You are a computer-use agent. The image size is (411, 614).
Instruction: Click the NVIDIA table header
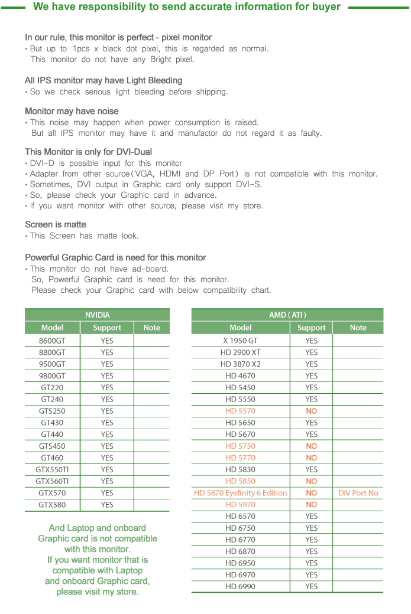[97, 315]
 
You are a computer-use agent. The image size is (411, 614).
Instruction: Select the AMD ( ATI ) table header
[287, 315]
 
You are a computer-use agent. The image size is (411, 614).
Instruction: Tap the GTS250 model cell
[52, 411]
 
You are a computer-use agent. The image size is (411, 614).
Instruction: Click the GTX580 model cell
[52, 505]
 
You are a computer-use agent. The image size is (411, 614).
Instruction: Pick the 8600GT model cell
[52, 341]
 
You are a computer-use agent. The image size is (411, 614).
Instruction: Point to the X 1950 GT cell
[240, 341]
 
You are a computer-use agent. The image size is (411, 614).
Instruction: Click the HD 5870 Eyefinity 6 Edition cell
[240, 493]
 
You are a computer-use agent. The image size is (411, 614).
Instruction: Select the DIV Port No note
[358, 493]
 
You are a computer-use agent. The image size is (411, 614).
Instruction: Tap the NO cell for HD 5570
[311, 411]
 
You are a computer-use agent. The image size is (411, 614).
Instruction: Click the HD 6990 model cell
[240, 586]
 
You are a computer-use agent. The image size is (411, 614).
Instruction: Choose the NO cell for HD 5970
[311, 505]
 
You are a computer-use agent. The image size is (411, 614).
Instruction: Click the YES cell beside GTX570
[107, 493]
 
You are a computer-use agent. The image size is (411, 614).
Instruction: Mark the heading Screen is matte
[56, 224]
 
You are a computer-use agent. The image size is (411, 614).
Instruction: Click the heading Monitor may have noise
[72, 111]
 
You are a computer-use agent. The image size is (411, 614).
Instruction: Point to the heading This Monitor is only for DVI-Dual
[88, 152]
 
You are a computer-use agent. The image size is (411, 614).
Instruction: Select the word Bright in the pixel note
[156, 59]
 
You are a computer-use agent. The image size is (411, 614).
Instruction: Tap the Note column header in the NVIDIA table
[151, 328]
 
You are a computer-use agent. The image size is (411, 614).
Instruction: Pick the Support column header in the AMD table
[311, 328]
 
